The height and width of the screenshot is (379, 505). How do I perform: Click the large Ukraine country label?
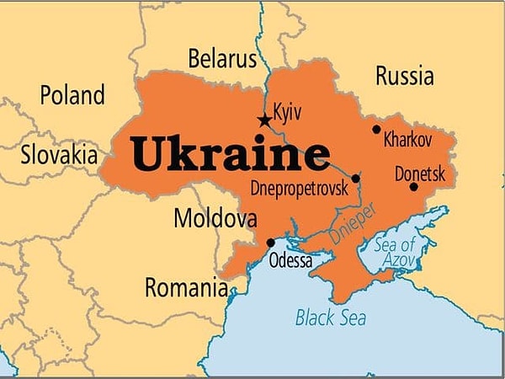(230, 155)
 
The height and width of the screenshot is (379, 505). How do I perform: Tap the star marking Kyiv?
(264, 120)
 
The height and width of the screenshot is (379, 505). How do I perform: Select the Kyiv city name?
(288, 114)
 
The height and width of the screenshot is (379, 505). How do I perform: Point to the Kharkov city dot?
(376, 129)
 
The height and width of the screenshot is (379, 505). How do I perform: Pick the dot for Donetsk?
(413, 186)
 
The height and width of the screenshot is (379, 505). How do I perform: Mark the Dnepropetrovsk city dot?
(355, 178)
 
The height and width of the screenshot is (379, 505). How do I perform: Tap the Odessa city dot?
(270, 243)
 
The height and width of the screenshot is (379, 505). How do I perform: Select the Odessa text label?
(290, 260)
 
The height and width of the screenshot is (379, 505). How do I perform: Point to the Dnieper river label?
(353, 223)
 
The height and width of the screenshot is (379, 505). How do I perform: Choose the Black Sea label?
(330, 318)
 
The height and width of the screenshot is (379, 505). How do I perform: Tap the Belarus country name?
(222, 59)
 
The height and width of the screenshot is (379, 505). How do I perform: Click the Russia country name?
(404, 76)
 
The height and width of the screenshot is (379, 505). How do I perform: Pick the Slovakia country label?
(58, 155)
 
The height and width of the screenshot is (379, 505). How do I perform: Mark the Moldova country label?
(215, 219)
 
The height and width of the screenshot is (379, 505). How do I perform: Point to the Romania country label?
(186, 287)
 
